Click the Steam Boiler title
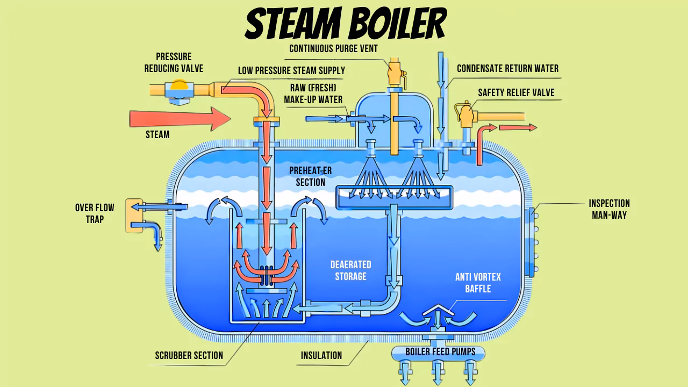click(346, 24)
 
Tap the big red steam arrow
click(180, 119)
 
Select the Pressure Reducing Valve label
click(174, 63)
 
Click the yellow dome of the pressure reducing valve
click(179, 85)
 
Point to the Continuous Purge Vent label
click(333, 48)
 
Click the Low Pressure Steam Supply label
click(291, 70)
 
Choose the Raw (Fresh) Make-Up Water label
click(313, 94)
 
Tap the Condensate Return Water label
click(508, 68)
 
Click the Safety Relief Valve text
click(516, 93)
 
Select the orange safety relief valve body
click(466, 115)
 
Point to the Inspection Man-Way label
click(610, 209)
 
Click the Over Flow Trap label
click(95, 213)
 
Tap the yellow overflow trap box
click(134, 216)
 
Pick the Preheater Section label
click(311, 177)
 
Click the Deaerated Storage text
click(351, 270)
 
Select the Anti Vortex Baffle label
click(478, 283)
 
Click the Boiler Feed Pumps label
click(440, 352)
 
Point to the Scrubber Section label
click(189, 356)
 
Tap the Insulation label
click(321, 356)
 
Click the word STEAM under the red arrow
click(157, 134)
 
